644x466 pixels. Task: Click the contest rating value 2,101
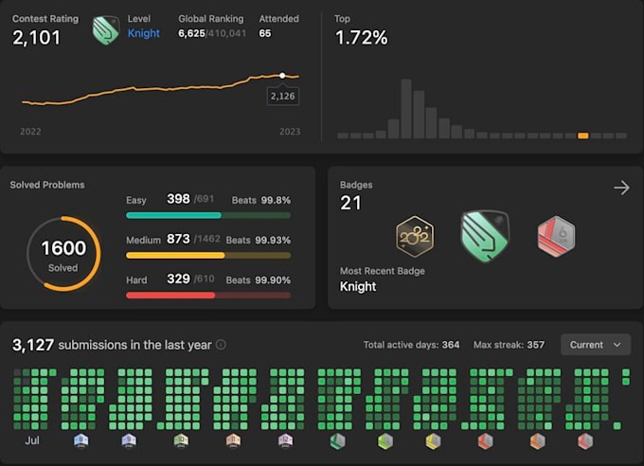tap(37, 38)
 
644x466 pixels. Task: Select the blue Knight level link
tap(143, 33)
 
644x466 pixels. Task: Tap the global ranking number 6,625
tap(191, 33)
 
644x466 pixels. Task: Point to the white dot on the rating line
tap(282, 76)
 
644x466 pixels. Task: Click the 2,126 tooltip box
tap(282, 97)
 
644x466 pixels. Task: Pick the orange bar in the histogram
tap(583, 135)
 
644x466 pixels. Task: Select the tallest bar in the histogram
tap(406, 109)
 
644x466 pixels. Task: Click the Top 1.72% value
tap(362, 38)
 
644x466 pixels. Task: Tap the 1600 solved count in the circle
tap(63, 248)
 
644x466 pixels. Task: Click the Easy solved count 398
tap(178, 199)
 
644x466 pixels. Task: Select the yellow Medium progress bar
tap(175, 256)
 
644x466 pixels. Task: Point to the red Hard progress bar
tap(170, 296)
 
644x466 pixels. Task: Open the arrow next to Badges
tap(622, 188)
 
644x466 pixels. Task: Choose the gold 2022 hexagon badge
tap(415, 236)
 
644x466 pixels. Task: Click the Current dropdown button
tap(596, 345)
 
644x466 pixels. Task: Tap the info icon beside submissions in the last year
tap(221, 345)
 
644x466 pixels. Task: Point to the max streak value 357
tap(536, 345)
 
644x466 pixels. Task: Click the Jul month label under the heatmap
tap(32, 440)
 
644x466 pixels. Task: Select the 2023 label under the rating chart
tap(290, 132)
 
